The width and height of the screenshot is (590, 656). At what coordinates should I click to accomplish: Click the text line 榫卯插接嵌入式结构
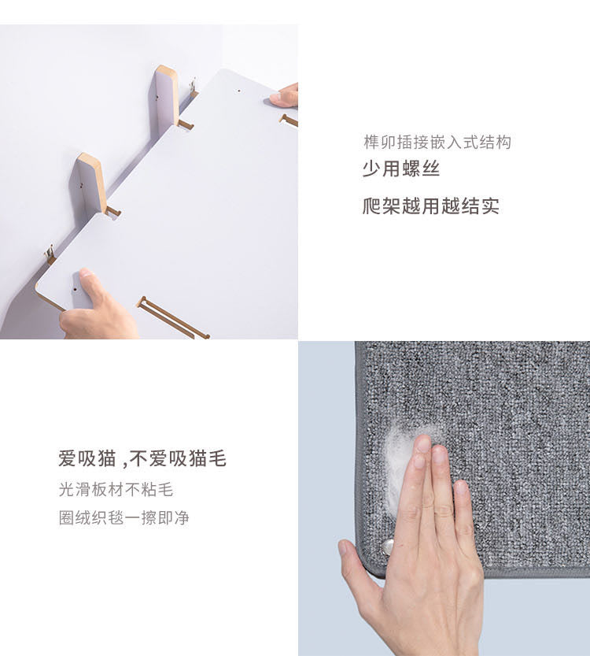coord(437,143)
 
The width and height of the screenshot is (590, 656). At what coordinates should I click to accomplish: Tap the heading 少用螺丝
coord(401,169)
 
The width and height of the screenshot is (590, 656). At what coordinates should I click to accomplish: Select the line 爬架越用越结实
coord(431,206)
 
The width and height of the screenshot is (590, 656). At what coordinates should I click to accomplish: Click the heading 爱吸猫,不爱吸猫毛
coord(142,458)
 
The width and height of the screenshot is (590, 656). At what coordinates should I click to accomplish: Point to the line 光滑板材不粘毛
coord(116,489)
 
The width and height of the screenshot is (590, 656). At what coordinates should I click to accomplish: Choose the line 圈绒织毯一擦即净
coord(124,518)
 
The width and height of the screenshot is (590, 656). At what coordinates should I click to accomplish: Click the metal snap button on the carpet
coord(387,547)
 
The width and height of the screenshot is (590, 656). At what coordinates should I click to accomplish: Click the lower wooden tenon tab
coord(91,184)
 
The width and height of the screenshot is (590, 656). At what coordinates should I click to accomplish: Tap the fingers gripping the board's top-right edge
coord(284,95)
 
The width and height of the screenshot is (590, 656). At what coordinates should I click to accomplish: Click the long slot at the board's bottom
coord(172,317)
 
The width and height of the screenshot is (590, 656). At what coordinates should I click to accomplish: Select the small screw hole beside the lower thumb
coord(75,289)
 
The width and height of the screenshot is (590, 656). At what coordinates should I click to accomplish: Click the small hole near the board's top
coord(239,90)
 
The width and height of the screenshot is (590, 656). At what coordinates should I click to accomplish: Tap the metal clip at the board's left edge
coord(50,254)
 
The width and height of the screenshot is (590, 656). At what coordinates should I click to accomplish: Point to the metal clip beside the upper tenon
coord(193,87)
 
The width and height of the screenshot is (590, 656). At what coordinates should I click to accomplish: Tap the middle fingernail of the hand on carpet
coord(423,444)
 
